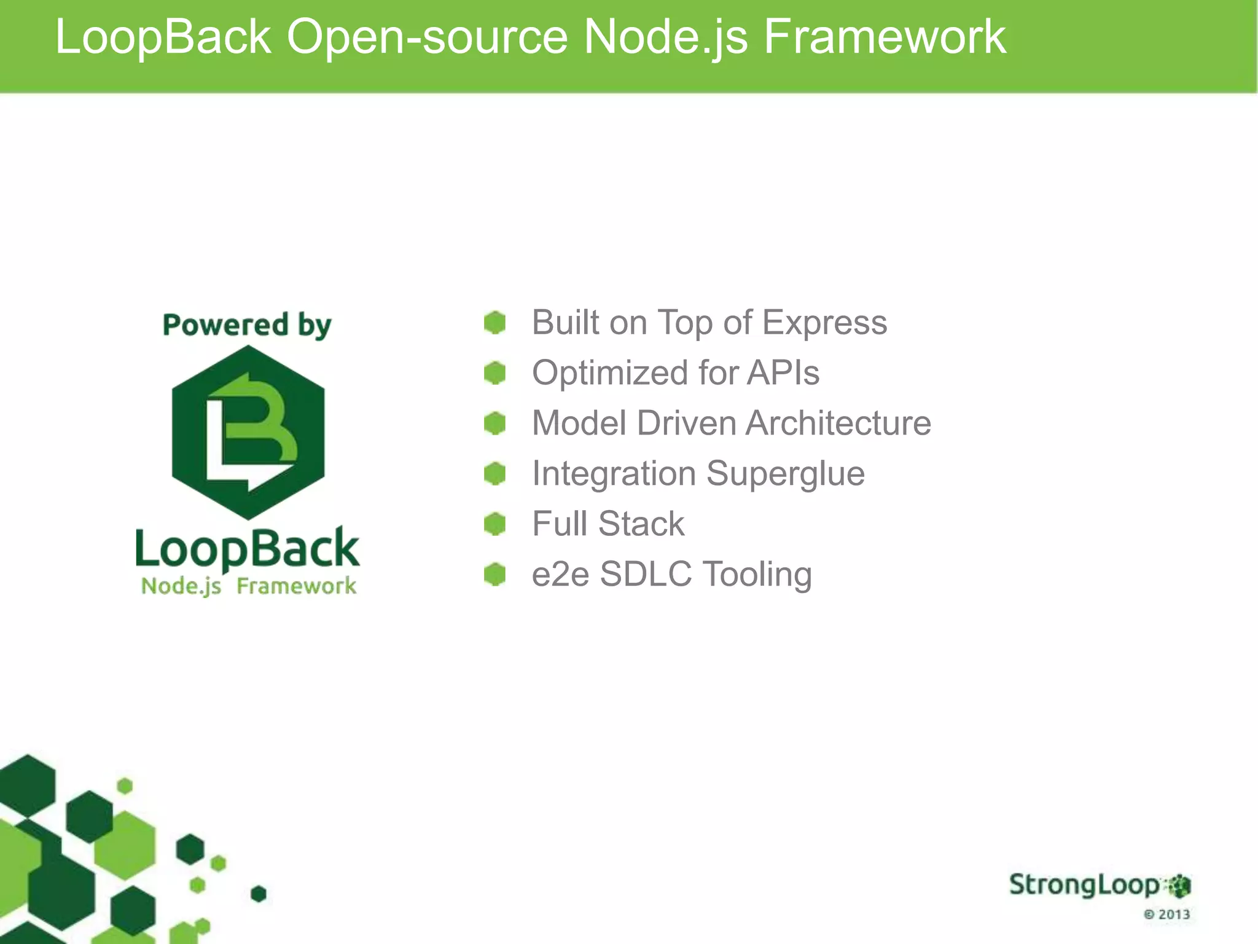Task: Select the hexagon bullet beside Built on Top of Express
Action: [494, 323]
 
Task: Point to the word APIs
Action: [783, 373]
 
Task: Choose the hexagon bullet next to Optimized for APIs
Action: [494, 373]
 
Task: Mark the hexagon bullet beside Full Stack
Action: [494, 524]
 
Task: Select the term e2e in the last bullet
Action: [560, 575]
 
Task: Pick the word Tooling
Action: [757, 575]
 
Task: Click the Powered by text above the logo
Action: [247, 325]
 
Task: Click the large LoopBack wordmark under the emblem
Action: [247, 548]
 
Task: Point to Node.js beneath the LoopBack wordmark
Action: [181, 586]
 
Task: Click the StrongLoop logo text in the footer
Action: [1084, 885]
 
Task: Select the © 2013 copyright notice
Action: [1166, 914]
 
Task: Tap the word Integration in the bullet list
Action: [614, 474]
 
